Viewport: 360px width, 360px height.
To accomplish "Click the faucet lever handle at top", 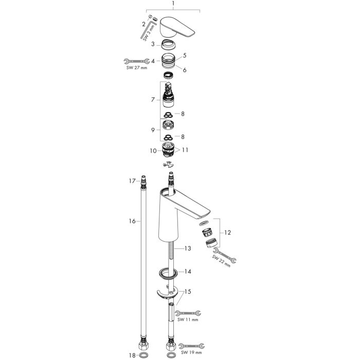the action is coord(176,27).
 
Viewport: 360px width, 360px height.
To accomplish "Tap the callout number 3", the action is coord(153,44).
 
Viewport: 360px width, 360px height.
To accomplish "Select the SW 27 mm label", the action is coord(137,68).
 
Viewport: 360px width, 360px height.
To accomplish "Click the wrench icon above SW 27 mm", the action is coord(137,61).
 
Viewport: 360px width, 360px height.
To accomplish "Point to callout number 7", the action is coord(153,100).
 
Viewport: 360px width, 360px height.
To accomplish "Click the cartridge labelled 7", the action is coord(168,95).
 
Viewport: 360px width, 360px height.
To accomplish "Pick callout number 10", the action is coord(153,151).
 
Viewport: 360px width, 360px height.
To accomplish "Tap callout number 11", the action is coord(185,150).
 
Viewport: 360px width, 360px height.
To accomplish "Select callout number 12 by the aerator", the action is coord(227,232).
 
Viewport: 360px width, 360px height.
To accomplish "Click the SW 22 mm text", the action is coord(221,261).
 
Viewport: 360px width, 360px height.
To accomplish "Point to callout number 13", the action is coord(188,248).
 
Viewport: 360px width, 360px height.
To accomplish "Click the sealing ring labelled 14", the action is coord(168,274).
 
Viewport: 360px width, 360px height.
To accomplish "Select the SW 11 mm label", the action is coord(188,319).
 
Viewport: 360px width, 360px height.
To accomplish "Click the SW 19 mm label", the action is coord(191,352).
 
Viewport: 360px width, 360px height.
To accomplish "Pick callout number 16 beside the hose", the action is coord(132,221).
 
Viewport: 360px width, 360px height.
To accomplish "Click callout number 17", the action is coord(132,181).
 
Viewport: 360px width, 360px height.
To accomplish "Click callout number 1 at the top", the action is coord(173,4).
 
